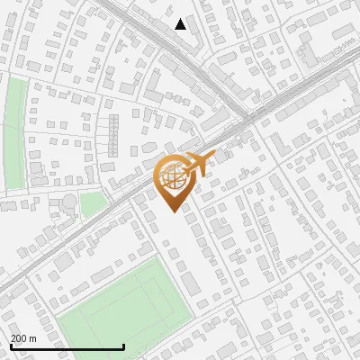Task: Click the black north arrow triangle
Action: pyautogui.click(x=181, y=24)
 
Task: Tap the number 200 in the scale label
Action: pyautogui.click(x=19, y=338)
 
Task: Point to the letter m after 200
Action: pyautogui.click(x=33, y=339)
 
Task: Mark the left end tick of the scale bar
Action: pyautogui.click(x=10, y=346)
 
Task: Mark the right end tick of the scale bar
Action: pyautogui.click(x=123, y=346)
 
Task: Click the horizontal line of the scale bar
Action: pyautogui.click(x=67, y=347)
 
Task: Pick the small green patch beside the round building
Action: pyautogui.click(x=91, y=203)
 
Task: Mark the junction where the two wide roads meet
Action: pyautogui.click(x=245, y=115)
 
